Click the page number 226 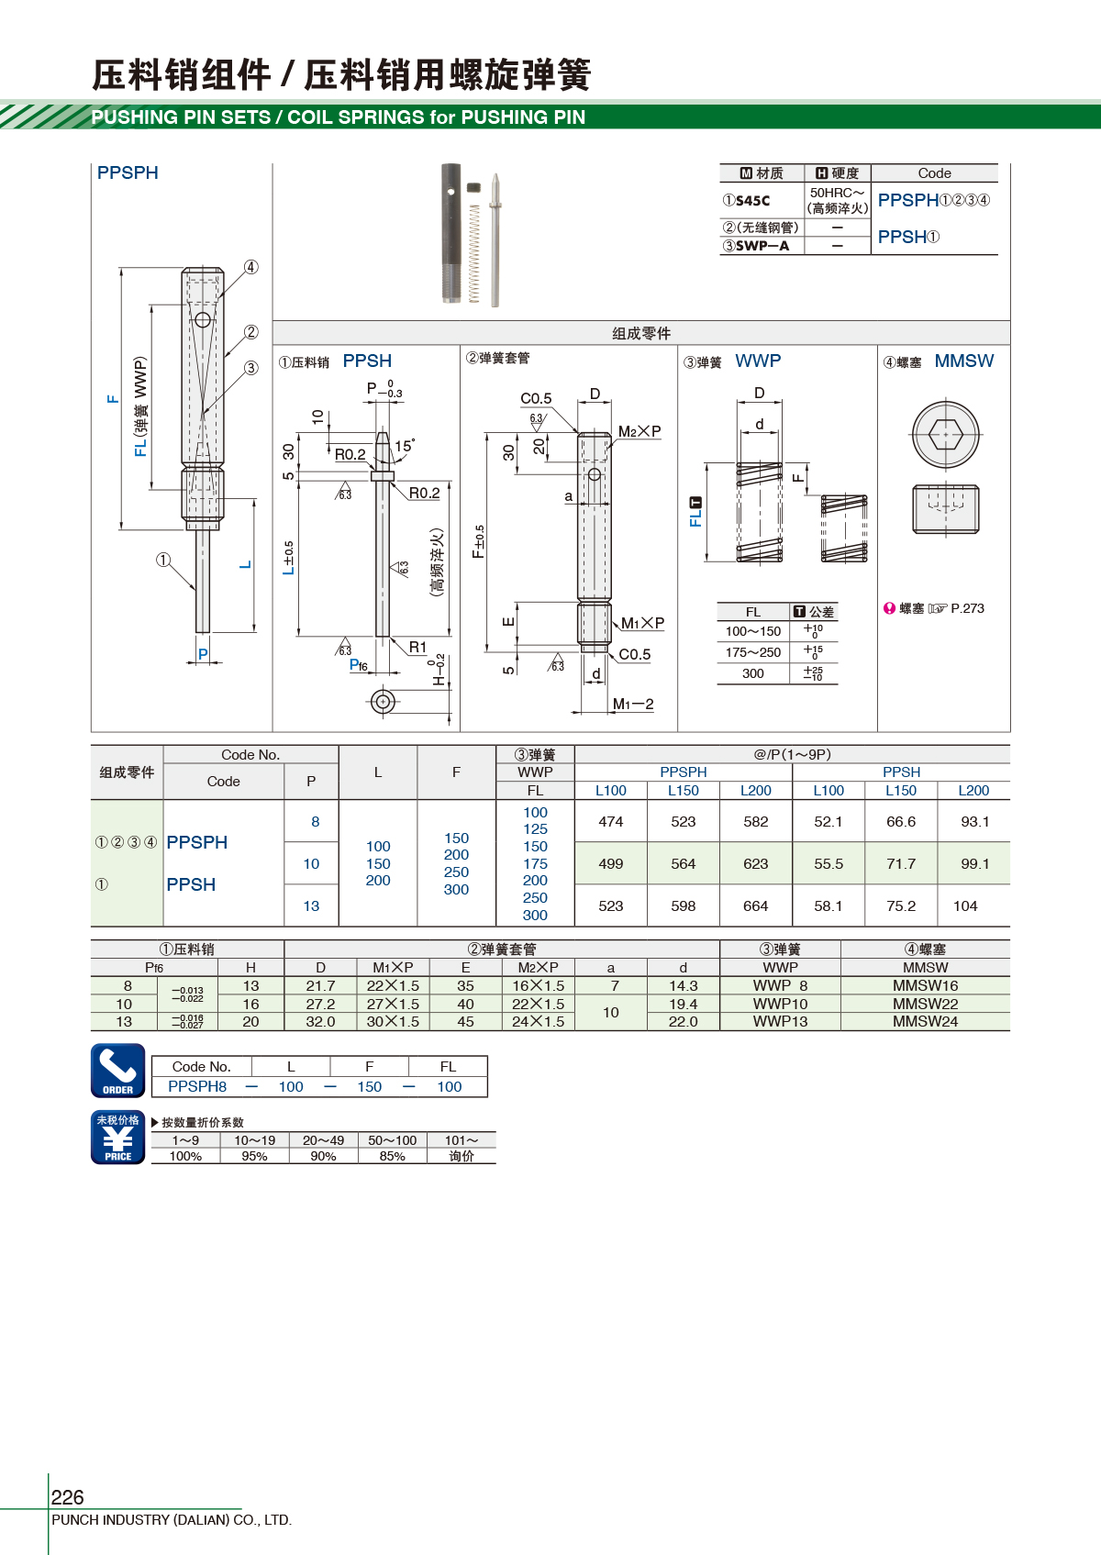click(x=67, y=1497)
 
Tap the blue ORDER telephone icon click(x=118, y=1070)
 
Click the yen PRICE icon click(x=118, y=1138)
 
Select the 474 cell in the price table click(x=610, y=822)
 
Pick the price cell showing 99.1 click(x=974, y=864)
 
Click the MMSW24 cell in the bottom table click(x=925, y=1022)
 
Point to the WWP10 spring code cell click(x=780, y=1005)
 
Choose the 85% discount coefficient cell click(x=392, y=1157)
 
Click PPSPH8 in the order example click(x=197, y=1087)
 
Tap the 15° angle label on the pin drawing click(x=405, y=446)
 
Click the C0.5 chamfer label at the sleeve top click(x=536, y=399)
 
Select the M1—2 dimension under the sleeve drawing click(x=633, y=705)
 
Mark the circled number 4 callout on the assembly click(x=251, y=267)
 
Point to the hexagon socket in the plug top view click(x=945, y=433)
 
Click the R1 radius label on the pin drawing click(x=417, y=648)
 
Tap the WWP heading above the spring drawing click(x=758, y=361)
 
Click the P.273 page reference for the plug click(x=967, y=608)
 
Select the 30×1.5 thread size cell click(x=393, y=1022)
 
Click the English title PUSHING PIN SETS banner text click(x=338, y=117)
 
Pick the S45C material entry click(x=752, y=201)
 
